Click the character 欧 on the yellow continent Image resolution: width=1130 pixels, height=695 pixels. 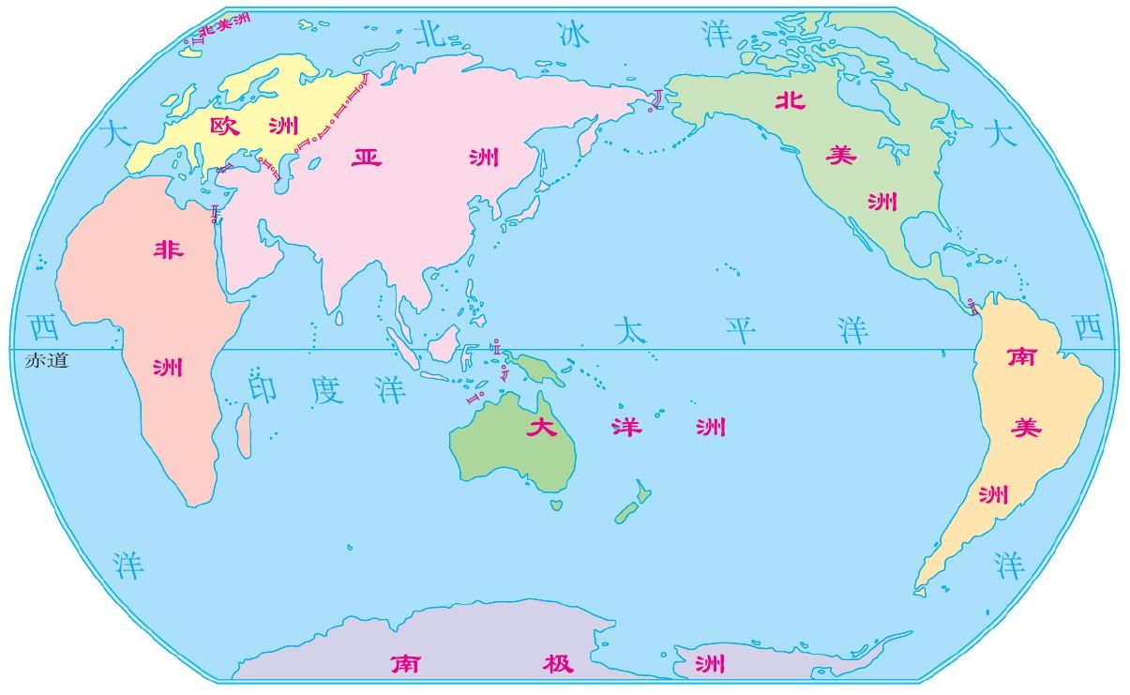(225, 126)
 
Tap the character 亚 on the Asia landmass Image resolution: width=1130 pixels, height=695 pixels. (367, 156)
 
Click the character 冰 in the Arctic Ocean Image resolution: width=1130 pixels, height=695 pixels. (572, 36)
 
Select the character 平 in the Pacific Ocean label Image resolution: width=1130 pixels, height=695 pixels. (742, 329)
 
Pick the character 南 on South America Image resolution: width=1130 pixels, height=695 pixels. (1020, 356)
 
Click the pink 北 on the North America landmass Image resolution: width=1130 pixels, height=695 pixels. (790, 101)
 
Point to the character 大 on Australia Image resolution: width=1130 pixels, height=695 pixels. (541, 429)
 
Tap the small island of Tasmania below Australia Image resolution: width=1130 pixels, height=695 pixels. (556, 505)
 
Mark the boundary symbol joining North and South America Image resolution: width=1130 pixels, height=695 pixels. (973, 305)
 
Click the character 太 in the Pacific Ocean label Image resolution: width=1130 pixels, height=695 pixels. (630, 329)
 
